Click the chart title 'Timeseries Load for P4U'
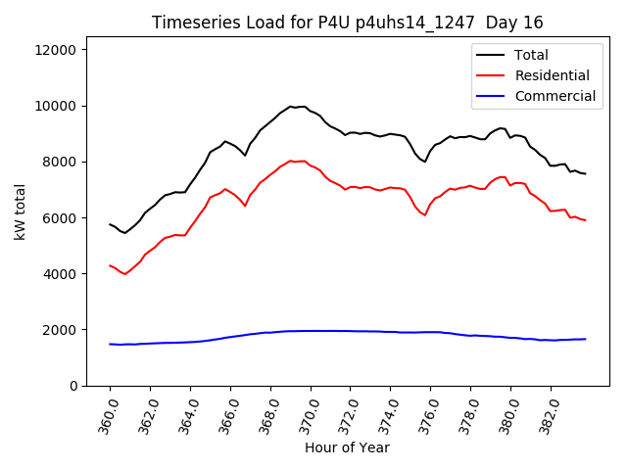point(348,23)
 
